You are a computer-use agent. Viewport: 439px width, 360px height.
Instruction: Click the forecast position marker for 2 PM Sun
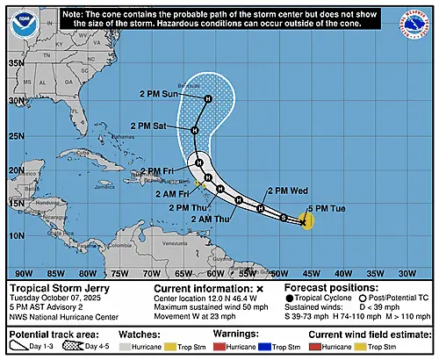209,98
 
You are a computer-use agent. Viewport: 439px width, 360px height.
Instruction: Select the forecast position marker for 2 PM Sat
195,130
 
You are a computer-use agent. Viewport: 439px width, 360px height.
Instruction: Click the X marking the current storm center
302,223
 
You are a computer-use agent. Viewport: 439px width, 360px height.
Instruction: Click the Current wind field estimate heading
366,335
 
